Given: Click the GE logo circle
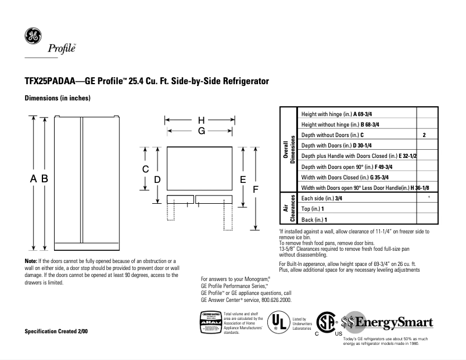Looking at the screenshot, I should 32,36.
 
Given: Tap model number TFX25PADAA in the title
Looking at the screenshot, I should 50,82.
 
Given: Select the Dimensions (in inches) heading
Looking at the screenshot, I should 57,99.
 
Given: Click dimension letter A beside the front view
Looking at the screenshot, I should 34,179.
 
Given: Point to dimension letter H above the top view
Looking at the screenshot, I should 201,120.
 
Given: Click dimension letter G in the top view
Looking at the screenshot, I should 201,131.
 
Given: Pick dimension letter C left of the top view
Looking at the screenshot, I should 146,169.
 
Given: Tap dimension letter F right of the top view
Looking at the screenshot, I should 254,189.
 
